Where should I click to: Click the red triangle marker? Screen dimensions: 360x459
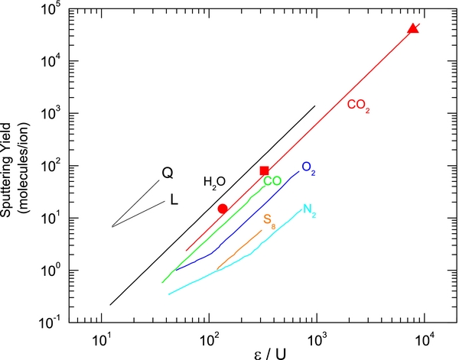pyautogui.click(x=413, y=28)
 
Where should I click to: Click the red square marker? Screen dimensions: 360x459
pyautogui.click(x=264, y=170)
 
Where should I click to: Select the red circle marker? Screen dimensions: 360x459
pyautogui.click(x=223, y=209)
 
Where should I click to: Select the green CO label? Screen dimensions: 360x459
pyautogui.click(x=272, y=181)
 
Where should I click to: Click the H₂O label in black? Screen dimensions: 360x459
pyautogui.click(x=214, y=182)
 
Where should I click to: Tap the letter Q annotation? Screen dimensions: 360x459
pyautogui.click(x=168, y=174)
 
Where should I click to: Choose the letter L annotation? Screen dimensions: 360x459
pyautogui.click(x=174, y=201)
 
